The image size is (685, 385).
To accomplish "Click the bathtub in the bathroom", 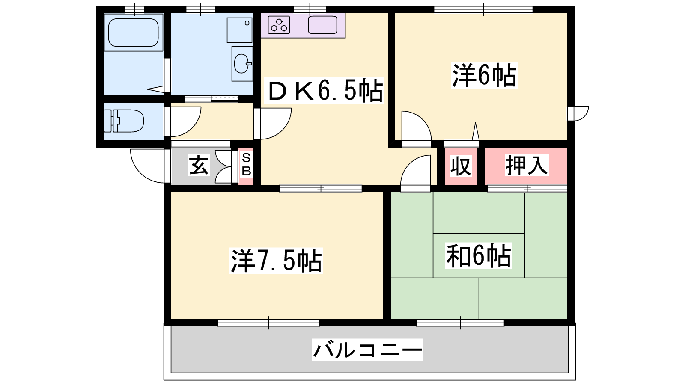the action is pyautogui.click(x=133, y=33).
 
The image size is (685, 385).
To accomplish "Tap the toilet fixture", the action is pyautogui.click(x=124, y=121).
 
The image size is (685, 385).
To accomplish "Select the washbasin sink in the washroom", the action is pyautogui.click(x=242, y=64).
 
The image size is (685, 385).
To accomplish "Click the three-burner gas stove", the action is pyautogui.click(x=279, y=25).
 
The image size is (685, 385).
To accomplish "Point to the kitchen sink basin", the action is pyautogui.click(x=323, y=25).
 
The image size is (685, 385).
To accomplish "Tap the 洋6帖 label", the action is pyautogui.click(x=484, y=75).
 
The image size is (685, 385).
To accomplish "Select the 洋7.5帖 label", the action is pyautogui.click(x=276, y=261).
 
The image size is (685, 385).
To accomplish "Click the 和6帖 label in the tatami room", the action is pyautogui.click(x=479, y=255).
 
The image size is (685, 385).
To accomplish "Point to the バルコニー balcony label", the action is pyautogui.click(x=368, y=349).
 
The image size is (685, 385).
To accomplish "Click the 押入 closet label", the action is pyautogui.click(x=526, y=165).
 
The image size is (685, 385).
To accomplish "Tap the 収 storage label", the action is pyautogui.click(x=461, y=166).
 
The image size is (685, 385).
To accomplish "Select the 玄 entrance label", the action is pyautogui.click(x=199, y=165).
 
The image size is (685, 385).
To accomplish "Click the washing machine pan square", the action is pyautogui.click(x=239, y=30).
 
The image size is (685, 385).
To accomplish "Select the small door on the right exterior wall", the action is pyautogui.click(x=578, y=113).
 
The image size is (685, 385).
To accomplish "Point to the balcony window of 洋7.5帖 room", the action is pyautogui.click(x=269, y=323).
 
